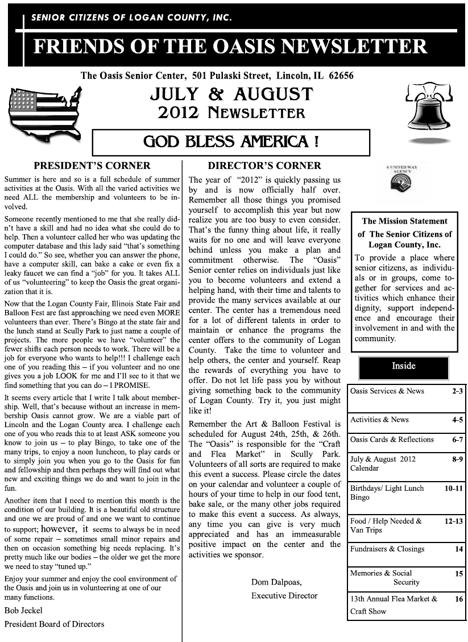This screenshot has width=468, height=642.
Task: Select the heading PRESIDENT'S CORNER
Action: click(92, 166)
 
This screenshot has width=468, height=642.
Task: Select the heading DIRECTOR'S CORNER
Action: click(264, 166)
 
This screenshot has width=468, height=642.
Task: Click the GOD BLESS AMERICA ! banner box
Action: click(231, 142)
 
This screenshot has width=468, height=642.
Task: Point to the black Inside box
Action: click(404, 367)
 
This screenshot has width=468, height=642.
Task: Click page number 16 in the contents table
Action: click(459, 599)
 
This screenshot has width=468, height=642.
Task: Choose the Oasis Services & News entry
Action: click(387, 391)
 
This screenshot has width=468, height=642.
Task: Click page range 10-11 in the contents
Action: click(454, 488)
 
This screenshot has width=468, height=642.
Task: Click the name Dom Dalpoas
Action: click(276, 582)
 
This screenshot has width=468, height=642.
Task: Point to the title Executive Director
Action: click(284, 596)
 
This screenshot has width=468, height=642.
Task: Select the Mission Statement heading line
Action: click(404, 221)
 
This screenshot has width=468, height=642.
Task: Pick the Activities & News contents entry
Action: click(379, 420)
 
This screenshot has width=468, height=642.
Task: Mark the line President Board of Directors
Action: click(55, 624)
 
